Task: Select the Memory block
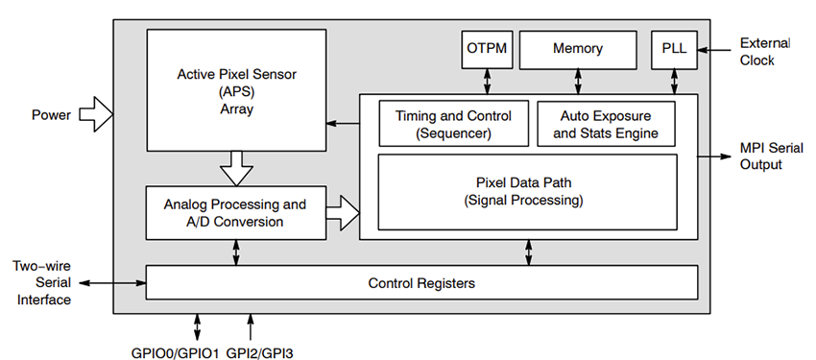pyautogui.click(x=578, y=49)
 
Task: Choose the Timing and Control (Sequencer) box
pyautogui.click(x=453, y=124)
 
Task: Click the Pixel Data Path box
pyautogui.click(x=528, y=191)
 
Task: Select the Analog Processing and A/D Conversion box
pyautogui.click(x=234, y=212)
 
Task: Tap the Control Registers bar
pyautogui.click(x=421, y=283)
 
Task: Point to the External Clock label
pyautogui.click(x=765, y=51)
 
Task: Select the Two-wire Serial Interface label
pyautogui.click(x=41, y=283)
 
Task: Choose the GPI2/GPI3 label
pyautogui.click(x=260, y=353)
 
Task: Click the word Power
pyautogui.click(x=51, y=116)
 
